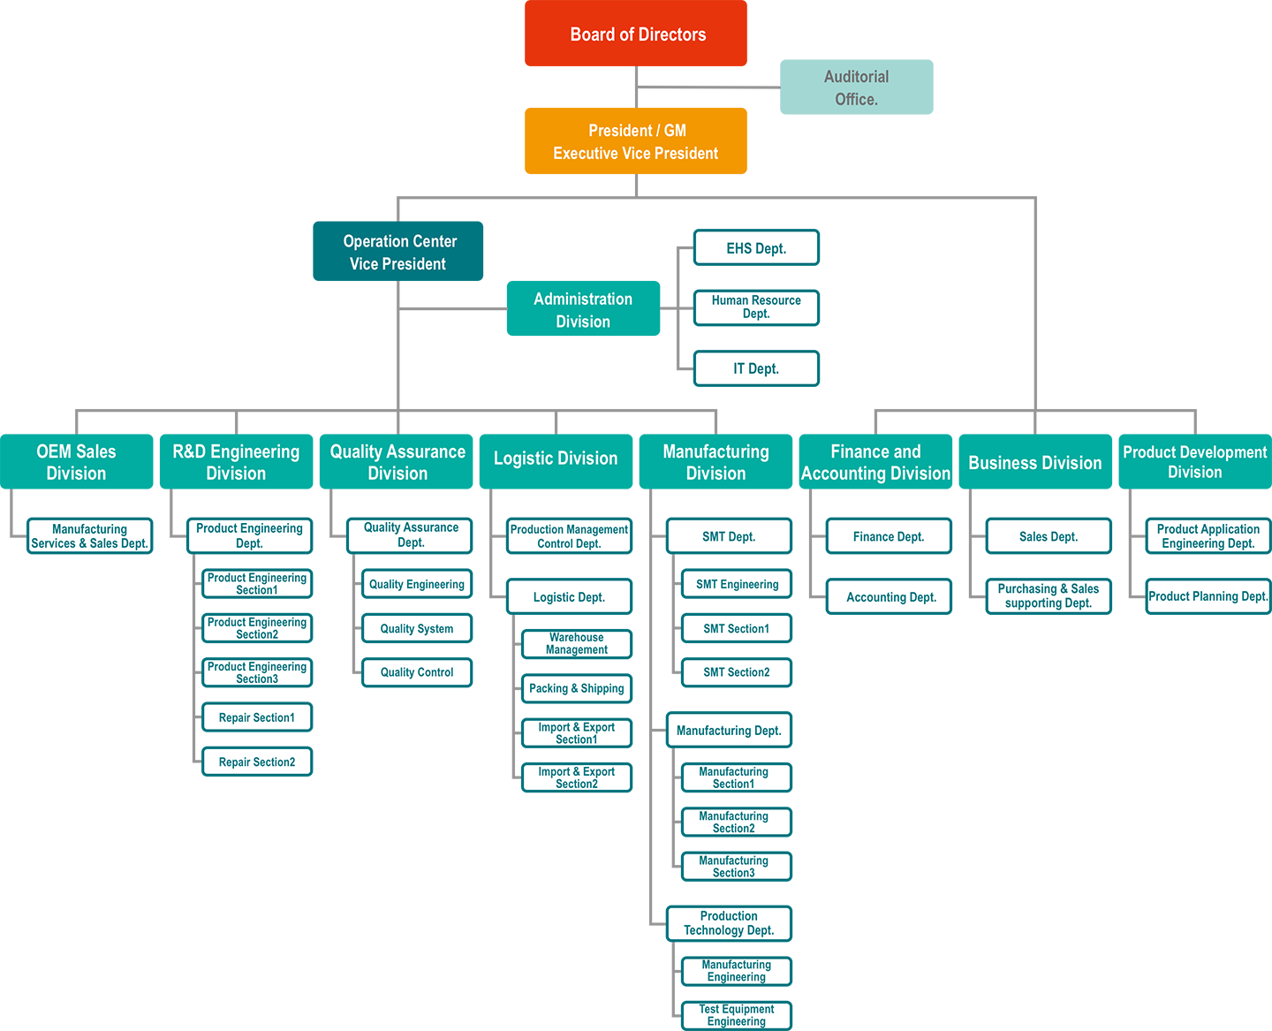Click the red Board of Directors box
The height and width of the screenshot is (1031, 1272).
tap(636, 33)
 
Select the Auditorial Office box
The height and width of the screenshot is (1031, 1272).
tap(856, 87)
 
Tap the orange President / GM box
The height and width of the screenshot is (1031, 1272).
tap(636, 141)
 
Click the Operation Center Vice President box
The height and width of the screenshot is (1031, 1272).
tap(397, 252)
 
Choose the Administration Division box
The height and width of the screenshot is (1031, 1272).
tap(584, 309)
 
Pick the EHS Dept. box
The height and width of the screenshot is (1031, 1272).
tap(756, 248)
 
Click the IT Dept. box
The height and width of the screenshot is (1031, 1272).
tap(756, 368)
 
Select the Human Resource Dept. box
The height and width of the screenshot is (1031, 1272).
tap(756, 307)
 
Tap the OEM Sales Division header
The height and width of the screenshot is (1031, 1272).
tap(77, 462)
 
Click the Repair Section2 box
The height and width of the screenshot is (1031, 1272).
tap(257, 762)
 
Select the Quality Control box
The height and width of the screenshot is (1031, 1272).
tap(417, 672)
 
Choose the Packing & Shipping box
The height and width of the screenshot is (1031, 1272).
tap(577, 689)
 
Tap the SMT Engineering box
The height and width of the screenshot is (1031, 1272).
tap(737, 584)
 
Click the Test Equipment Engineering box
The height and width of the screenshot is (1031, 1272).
tap(737, 1015)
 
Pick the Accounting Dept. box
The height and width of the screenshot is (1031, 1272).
tap(890, 596)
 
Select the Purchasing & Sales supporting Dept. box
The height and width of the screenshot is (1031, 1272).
tap(1049, 596)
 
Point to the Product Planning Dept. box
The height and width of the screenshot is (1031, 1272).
tap(1208, 596)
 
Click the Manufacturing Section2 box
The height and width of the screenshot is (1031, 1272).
tap(737, 822)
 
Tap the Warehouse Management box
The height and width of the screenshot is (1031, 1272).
tap(577, 644)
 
